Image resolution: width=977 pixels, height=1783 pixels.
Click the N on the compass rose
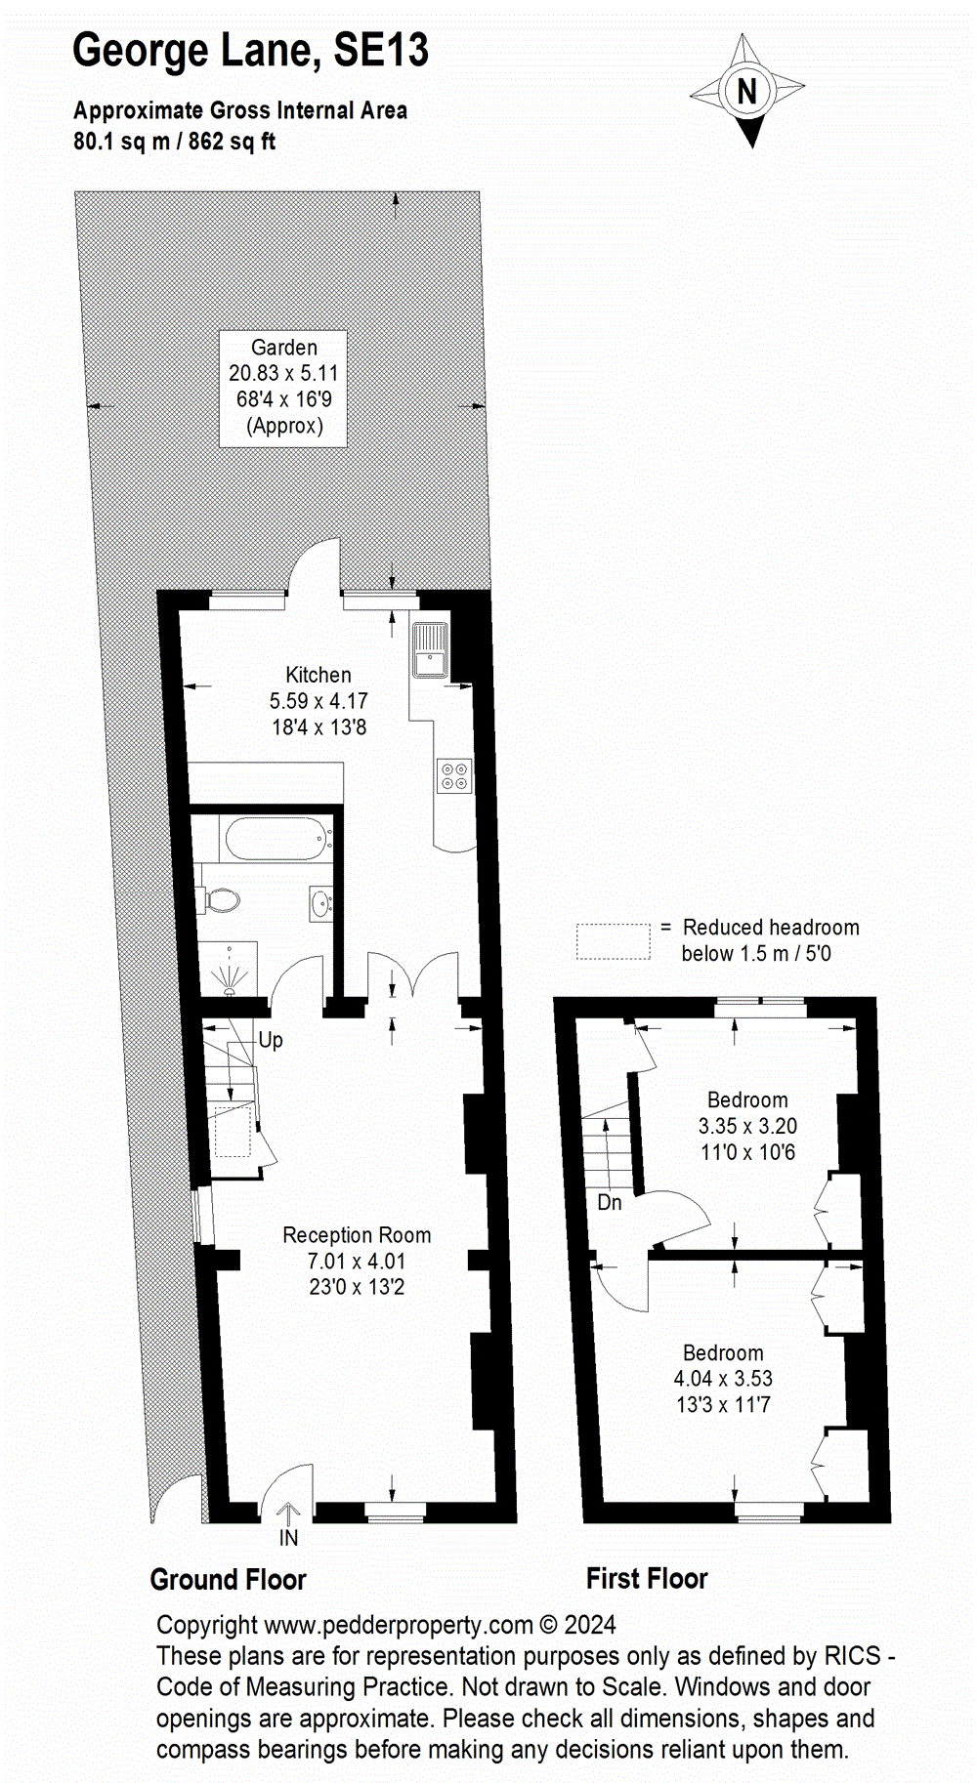click(747, 92)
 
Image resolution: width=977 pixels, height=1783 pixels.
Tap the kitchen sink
click(430, 649)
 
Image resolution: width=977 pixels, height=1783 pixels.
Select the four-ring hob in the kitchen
click(454, 776)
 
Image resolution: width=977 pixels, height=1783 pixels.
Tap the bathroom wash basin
click(321, 903)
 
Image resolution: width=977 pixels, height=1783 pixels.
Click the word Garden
click(284, 348)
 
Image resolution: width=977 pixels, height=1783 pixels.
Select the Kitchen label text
click(319, 675)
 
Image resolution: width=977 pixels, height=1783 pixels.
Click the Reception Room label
click(357, 1235)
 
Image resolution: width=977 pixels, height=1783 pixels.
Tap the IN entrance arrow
click(288, 1516)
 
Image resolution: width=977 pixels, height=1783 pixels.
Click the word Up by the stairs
click(271, 1041)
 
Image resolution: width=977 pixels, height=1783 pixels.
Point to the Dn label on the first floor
click(610, 1203)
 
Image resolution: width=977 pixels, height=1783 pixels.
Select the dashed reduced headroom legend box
click(613, 941)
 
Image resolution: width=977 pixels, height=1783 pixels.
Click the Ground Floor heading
click(228, 1580)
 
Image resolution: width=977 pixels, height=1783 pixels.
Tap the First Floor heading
click(647, 1579)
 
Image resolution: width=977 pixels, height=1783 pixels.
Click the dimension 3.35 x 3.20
click(747, 1126)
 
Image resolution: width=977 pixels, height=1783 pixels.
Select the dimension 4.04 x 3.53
click(723, 1379)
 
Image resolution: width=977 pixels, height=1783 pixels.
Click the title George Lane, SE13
click(250, 51)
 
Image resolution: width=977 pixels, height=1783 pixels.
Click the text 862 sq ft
click(232, 142)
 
